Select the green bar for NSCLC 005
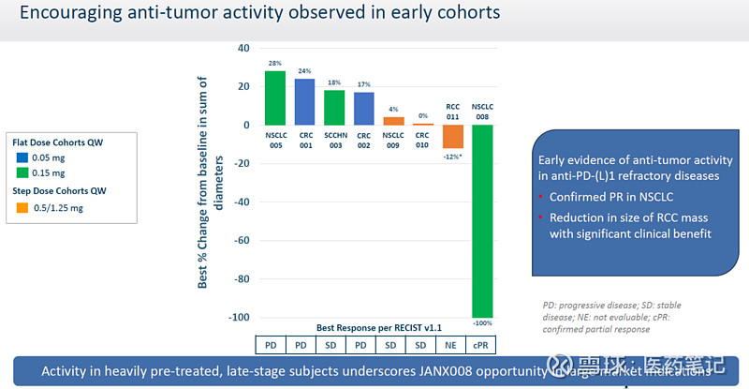point(275,97)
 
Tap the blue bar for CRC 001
point(304,101)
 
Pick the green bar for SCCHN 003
point(334,107)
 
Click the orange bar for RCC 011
point(453,136)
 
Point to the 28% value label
point(275,64)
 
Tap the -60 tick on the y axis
point(242,240)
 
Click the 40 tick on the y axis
point(243,48)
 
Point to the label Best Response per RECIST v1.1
point(378,327)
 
